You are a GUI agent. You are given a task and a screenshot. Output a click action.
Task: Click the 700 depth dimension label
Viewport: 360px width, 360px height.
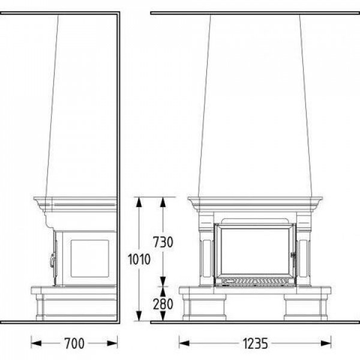pyautogui.click(x=74, y=343)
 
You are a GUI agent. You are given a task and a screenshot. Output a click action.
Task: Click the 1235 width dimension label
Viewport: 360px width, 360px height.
pyautogui.click(x=255, y=344)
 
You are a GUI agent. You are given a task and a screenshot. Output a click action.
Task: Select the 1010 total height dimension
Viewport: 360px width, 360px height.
pyautogui.click(x=139, y=259)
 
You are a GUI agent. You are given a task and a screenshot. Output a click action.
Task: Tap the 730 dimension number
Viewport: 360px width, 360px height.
pyautogui.click(x=163, y=242)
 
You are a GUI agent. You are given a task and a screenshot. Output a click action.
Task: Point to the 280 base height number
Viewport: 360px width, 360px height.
pyautogui.click(x=163, y=304)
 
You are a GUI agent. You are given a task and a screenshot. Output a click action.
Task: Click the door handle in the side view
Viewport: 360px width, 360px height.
pyautogui.click(x=53, y=260)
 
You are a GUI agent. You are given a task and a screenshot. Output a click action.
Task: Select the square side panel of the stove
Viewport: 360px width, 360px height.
pyautogui.click(x=89, y=259)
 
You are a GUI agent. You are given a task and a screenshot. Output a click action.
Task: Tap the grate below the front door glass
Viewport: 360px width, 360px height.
pyautogui.click(x=255, y=281)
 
